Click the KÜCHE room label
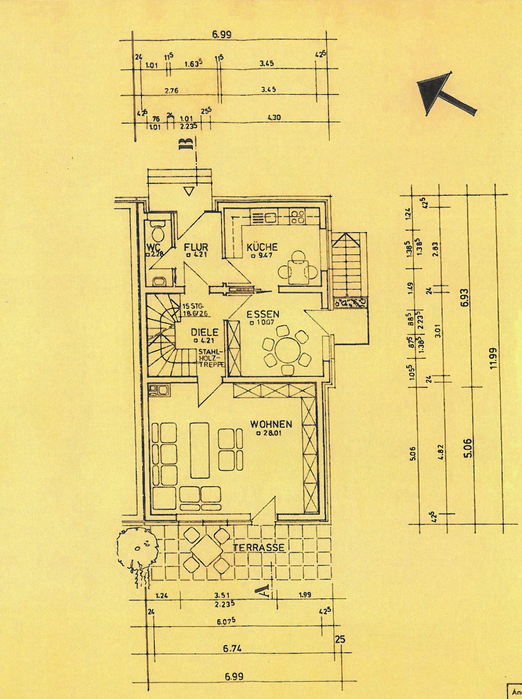click(262, 247)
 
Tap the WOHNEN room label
click(271, 424)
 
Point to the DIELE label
click(205, 332)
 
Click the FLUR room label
click(196, 247)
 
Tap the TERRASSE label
click(259, 547)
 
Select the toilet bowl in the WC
click(159, 234)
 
